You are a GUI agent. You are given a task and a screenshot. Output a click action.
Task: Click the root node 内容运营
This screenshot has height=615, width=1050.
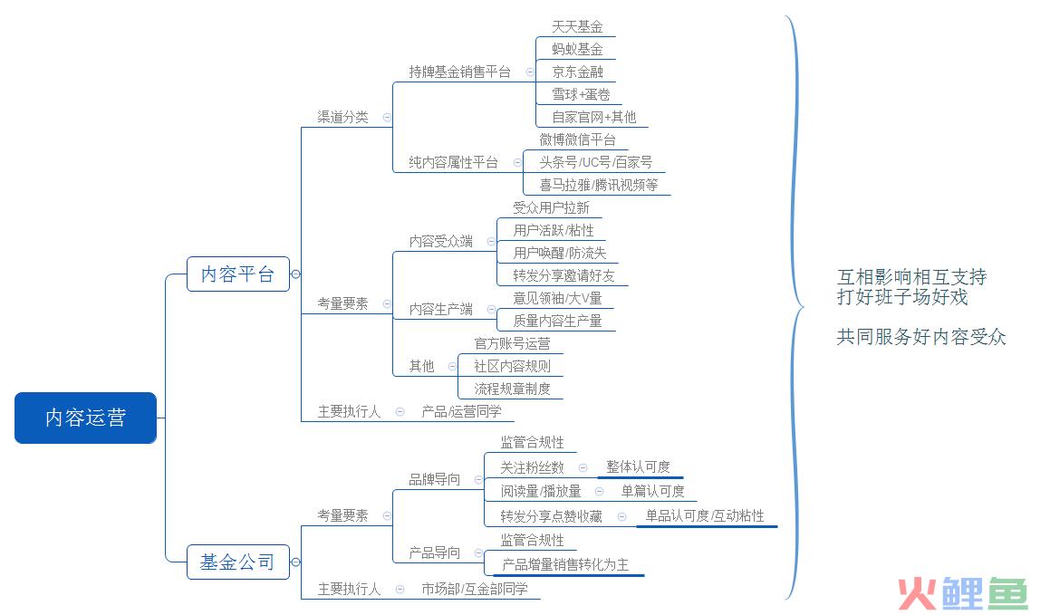click(x=86, y=418)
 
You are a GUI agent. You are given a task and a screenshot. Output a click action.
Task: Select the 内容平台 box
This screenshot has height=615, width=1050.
click(x=237, y=274)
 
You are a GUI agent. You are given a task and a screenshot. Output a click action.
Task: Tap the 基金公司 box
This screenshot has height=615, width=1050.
click(x=237, y=562)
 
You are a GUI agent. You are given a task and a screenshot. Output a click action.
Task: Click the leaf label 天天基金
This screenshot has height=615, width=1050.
click(x=577, y=27)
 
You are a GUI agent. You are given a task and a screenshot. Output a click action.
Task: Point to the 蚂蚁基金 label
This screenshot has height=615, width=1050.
click(x=577, y=49)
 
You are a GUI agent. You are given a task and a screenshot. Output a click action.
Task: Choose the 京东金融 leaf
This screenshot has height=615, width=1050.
click(x=577, y=72)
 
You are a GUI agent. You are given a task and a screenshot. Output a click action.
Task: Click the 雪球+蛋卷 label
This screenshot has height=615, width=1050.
click(x=581, y=94)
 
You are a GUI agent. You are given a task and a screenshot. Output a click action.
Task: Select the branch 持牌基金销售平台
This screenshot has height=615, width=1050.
click(x=460, y=72)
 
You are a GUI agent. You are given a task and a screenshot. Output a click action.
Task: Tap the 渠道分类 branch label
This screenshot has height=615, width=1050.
click(x=342, y=117)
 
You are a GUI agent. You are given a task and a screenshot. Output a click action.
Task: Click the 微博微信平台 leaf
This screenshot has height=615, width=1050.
click(x=577, y=139)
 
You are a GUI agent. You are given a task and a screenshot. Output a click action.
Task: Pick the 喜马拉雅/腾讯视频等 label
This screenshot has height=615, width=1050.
click(x=599, y=185)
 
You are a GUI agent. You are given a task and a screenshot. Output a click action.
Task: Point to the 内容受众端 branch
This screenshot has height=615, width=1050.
click(x=441, y=241)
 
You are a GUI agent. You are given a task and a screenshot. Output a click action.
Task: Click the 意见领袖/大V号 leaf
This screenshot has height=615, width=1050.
click(x=557, y=298)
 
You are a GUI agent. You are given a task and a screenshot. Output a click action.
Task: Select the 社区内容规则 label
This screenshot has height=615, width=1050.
click(x=512, y=366)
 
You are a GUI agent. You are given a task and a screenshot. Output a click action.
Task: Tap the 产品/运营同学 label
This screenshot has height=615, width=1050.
click(x=461, y=411)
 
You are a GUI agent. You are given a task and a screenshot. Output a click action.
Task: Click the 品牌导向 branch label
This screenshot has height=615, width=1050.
click(x=435, y=479)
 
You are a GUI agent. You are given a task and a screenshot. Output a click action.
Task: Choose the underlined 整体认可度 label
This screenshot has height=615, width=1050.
click(x=638, y=466)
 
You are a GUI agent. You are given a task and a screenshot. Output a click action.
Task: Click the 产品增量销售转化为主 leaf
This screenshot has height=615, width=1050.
click(x=565, y=565)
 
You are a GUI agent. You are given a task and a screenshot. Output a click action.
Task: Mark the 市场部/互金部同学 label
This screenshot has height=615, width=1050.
click(x=475, y=589)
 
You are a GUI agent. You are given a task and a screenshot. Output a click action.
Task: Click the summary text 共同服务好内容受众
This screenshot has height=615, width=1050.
click(x=921, y=337)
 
